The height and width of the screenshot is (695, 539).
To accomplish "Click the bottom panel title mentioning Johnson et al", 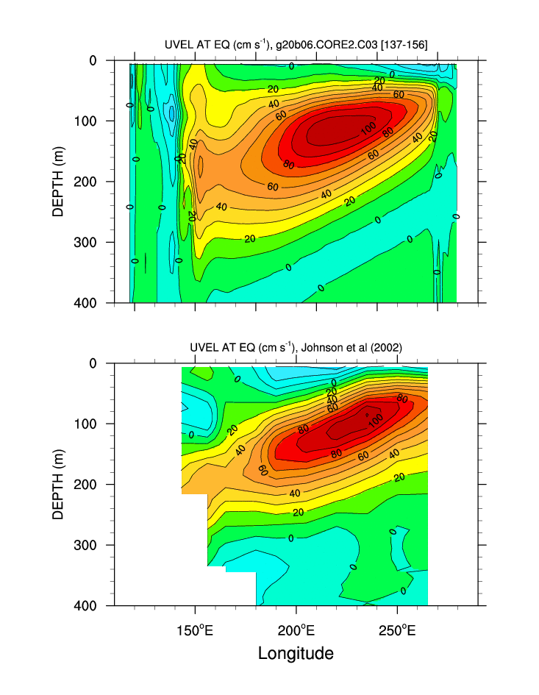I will [296, 348].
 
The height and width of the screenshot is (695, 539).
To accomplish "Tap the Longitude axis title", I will [296, 653].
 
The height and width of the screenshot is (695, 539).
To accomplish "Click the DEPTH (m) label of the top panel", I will [58, 181].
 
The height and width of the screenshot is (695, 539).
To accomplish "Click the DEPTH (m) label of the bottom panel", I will [58, 484].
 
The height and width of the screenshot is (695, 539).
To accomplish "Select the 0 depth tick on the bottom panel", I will [93, 363].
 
